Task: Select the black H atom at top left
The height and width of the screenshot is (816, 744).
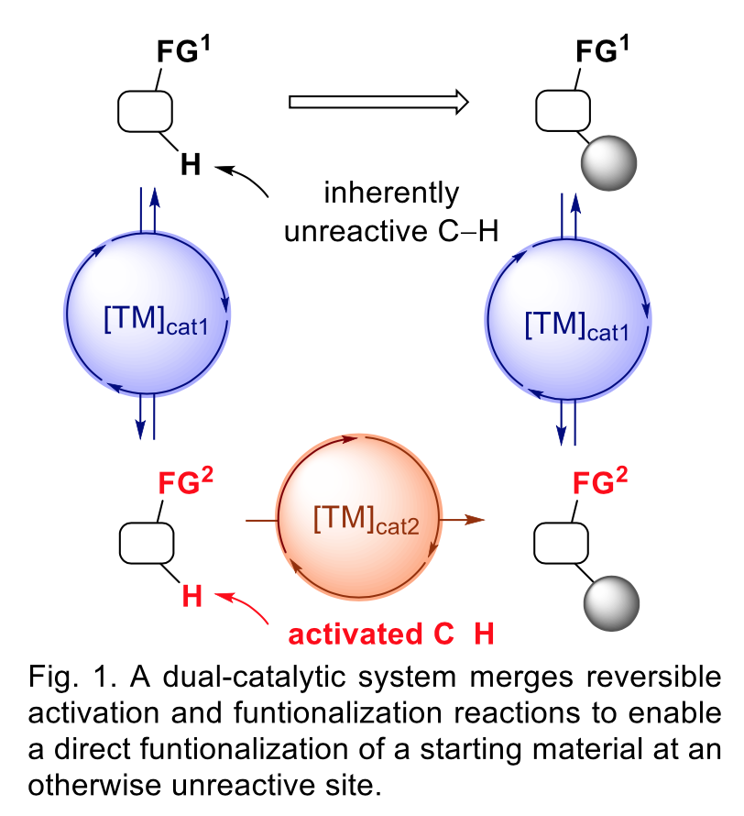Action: click(191, 165)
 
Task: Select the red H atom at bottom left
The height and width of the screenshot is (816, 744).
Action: click(191, 596)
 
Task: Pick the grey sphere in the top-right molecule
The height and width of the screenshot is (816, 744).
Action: click(608, 165)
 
